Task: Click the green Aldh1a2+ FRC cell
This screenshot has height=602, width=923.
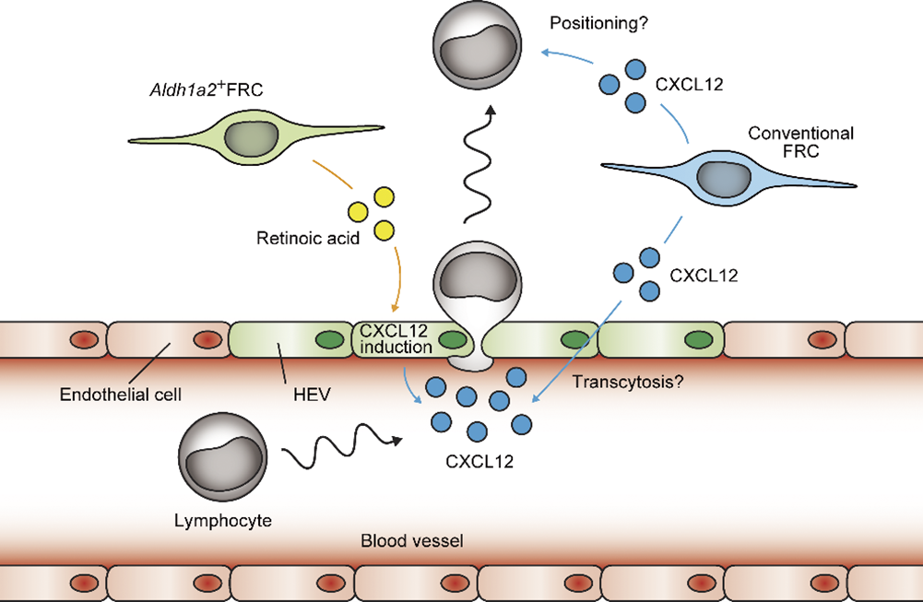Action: coord(253,138)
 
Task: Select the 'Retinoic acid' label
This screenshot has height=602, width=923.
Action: coord(302,239)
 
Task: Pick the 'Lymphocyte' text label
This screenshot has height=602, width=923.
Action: coord(223,520)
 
